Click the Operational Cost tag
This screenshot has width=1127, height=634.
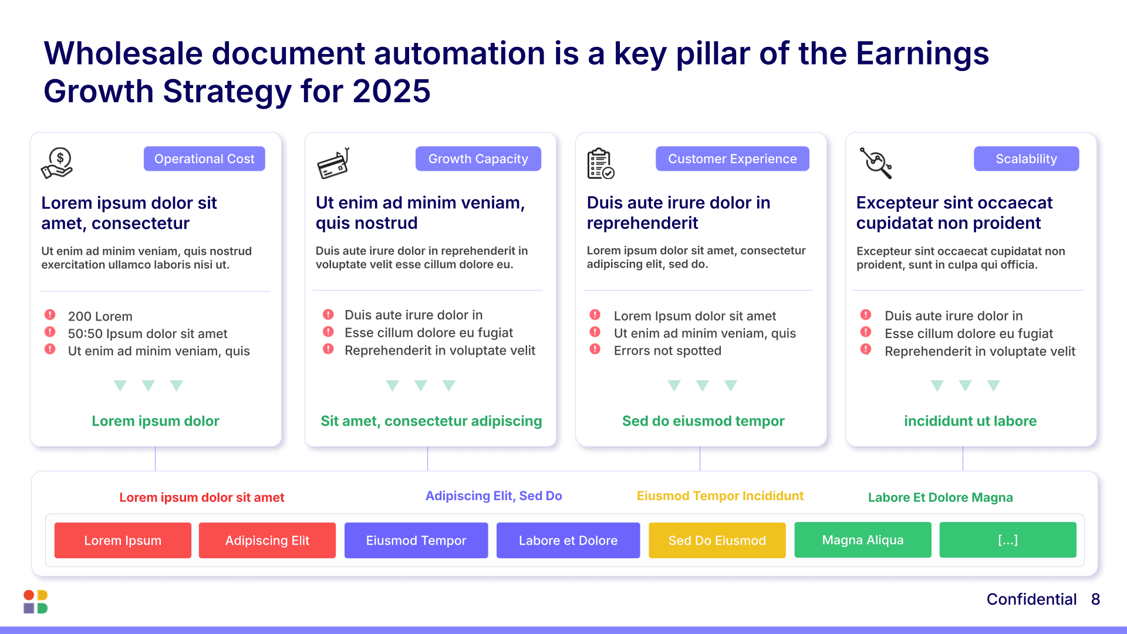[x=204, y=158]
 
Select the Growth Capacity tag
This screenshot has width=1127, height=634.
[x=478, y=158]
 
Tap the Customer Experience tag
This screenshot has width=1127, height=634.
[x=732, y=158]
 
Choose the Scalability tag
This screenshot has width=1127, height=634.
[x=1026, y=158]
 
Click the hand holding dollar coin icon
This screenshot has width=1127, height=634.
[x=57, y=163]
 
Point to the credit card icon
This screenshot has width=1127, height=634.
[x=333, y=163]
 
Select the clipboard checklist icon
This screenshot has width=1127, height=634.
[x=600, y=163]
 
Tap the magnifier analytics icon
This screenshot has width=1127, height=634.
[x=876, y=163]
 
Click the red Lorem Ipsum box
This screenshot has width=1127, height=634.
[x=123, y=540]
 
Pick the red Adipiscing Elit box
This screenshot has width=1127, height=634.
[x=267, y=540]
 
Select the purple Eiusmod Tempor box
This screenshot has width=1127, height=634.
[x=416, y=540]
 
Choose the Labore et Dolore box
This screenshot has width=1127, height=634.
[x=568, y=540]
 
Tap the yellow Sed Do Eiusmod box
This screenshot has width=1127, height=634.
[x=717, y=540]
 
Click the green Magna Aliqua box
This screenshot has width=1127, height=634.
[x=862, y=540]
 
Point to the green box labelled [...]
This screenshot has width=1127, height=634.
[x=1007, y=540]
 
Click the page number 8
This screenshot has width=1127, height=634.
[x=1095, y=599]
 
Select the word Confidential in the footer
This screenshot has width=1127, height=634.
[x=1031, y=599]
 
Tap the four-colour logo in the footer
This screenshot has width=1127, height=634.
[x=36, y=602]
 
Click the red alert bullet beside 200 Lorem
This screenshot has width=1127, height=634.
[x=50, y=315]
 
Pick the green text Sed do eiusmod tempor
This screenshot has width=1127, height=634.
[x=703, y=421]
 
